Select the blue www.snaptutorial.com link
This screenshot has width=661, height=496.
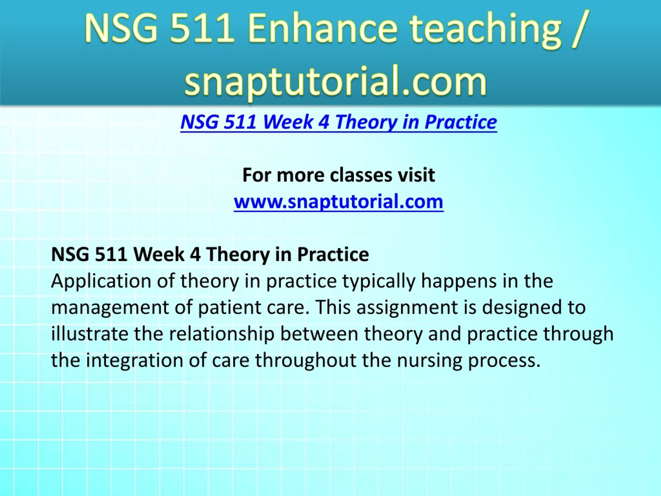point(339,202)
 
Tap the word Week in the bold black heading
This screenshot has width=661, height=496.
point(158,254)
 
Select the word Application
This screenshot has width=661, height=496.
point(101,282)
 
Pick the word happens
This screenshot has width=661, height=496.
point(459,282)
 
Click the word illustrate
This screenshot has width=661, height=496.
point(90,334)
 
